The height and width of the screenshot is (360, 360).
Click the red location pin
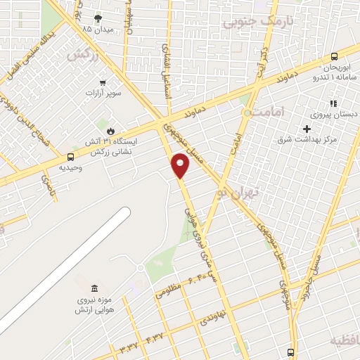[x=181, y=166]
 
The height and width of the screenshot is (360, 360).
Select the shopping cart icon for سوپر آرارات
[x=103, y=82]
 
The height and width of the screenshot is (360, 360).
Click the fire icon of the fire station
[x=110, y=131]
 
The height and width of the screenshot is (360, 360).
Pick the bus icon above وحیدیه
[x=70, y=157]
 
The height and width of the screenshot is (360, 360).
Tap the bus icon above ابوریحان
[x=334, y=58]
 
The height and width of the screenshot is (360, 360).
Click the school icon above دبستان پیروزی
[x=333, y=103]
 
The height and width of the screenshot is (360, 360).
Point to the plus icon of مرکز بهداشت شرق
[x=307, y=129]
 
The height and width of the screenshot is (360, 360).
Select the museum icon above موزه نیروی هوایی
[x=94, y=288]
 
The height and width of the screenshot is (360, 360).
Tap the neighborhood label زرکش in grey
[x=80, y=53]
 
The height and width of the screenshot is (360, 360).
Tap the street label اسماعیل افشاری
[x=169, y=72]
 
